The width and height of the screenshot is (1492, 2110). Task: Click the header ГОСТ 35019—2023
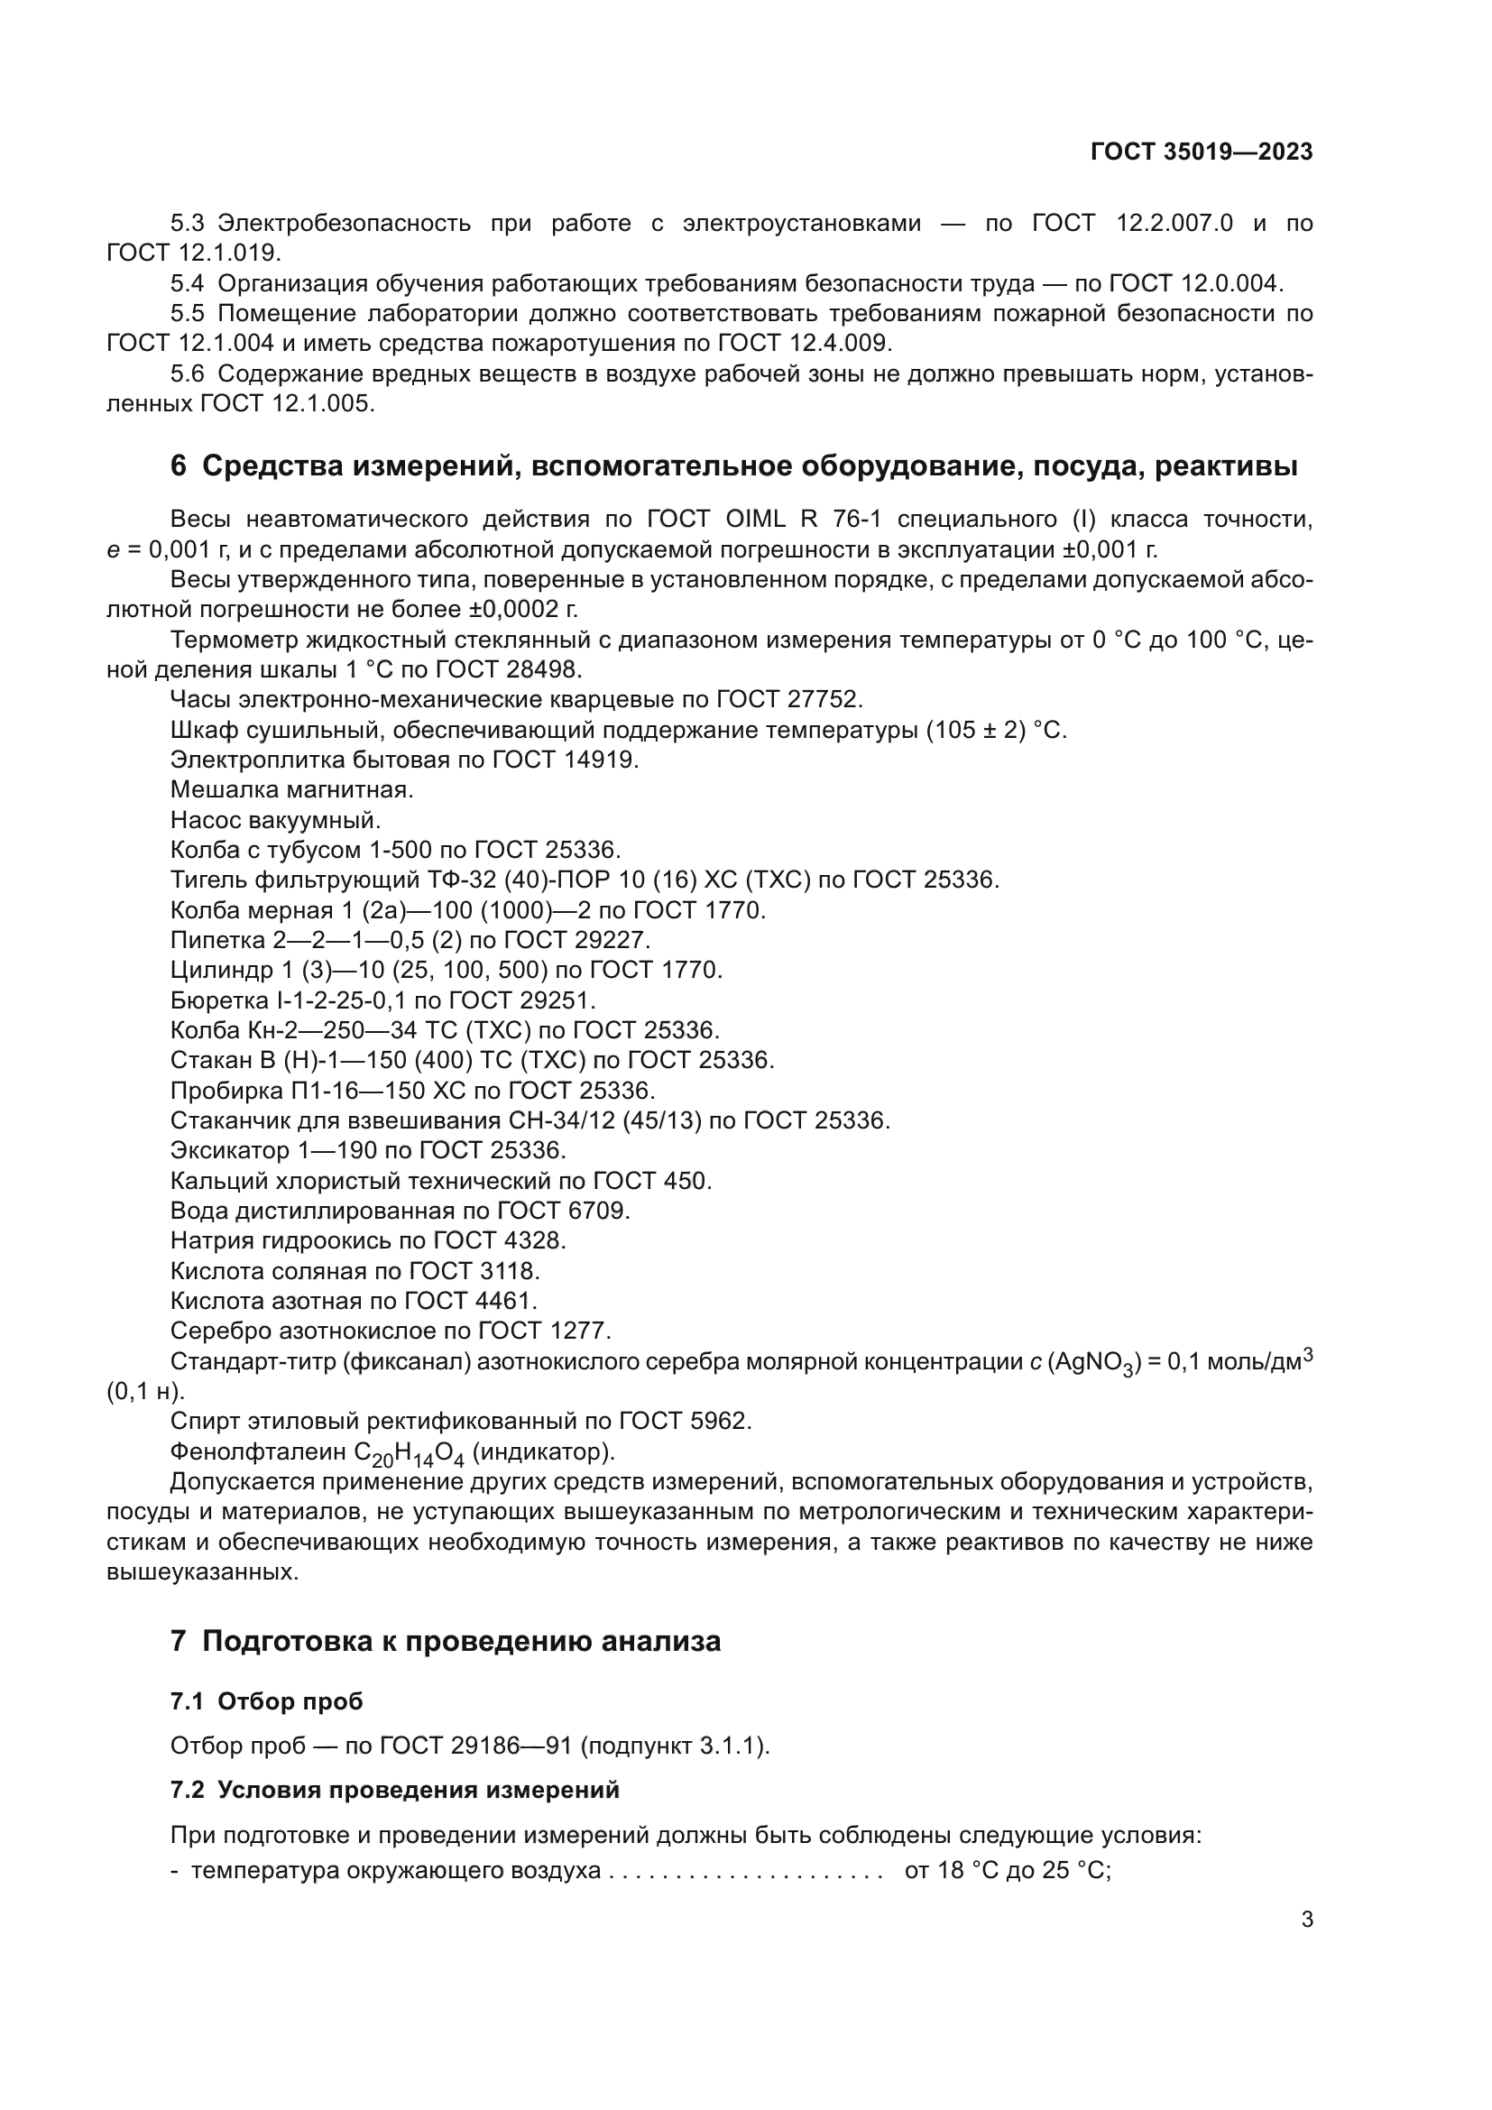pos(1201,152)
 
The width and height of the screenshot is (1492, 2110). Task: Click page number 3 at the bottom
pos(1306,1920)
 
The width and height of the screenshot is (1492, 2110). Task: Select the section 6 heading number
pos(179,467)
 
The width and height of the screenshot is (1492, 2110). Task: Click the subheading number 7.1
pos(187,1702)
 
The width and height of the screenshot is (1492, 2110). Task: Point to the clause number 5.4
pos(187,283)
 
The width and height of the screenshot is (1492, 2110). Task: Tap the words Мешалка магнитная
pos(291,789)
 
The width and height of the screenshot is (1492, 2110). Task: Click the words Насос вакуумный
pos(275,820)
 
